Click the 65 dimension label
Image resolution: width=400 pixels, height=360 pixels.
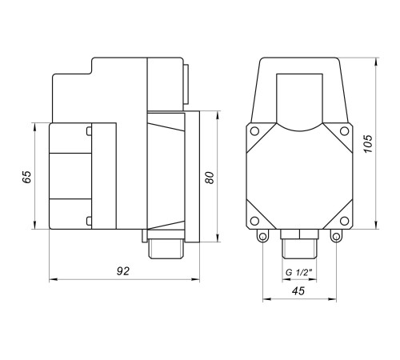pos(26,177)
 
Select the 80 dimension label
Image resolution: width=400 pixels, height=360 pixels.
pos(210,178)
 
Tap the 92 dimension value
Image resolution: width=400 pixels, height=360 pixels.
pos(123,271)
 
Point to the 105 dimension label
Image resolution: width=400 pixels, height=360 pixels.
pos(368,144)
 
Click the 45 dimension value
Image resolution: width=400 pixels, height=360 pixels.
pos(298,291)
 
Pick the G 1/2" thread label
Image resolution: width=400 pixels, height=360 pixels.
pos(299,273)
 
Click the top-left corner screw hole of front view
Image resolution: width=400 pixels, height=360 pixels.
pos(254,131)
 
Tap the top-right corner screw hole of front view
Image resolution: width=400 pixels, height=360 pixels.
pos(344,131)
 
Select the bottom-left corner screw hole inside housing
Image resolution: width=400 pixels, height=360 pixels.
pos(254,221)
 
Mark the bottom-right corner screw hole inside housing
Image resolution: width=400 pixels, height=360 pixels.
pos(344,221)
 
